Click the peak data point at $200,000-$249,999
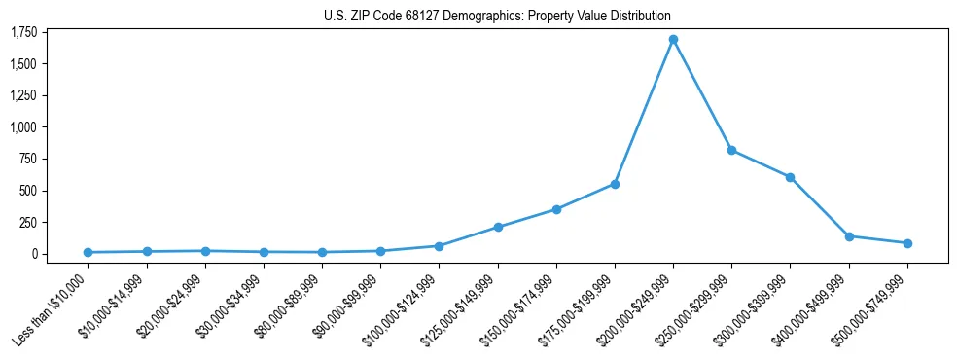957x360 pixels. point(673,40)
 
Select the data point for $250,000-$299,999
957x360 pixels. point(731,150)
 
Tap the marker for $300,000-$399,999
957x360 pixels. point(790,177)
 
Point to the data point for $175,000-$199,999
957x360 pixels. point(615,184)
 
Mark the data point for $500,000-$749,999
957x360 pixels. point(907,243)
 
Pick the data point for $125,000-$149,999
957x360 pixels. point(498,227)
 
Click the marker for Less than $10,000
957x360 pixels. point(88,252)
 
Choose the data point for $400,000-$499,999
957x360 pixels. point(849,236)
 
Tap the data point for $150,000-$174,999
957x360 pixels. point(556,209)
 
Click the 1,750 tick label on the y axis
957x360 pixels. point(23,33)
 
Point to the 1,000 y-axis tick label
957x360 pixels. point(23,127)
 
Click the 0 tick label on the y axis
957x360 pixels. point(33,254)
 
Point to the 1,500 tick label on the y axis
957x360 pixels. point(23,64)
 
